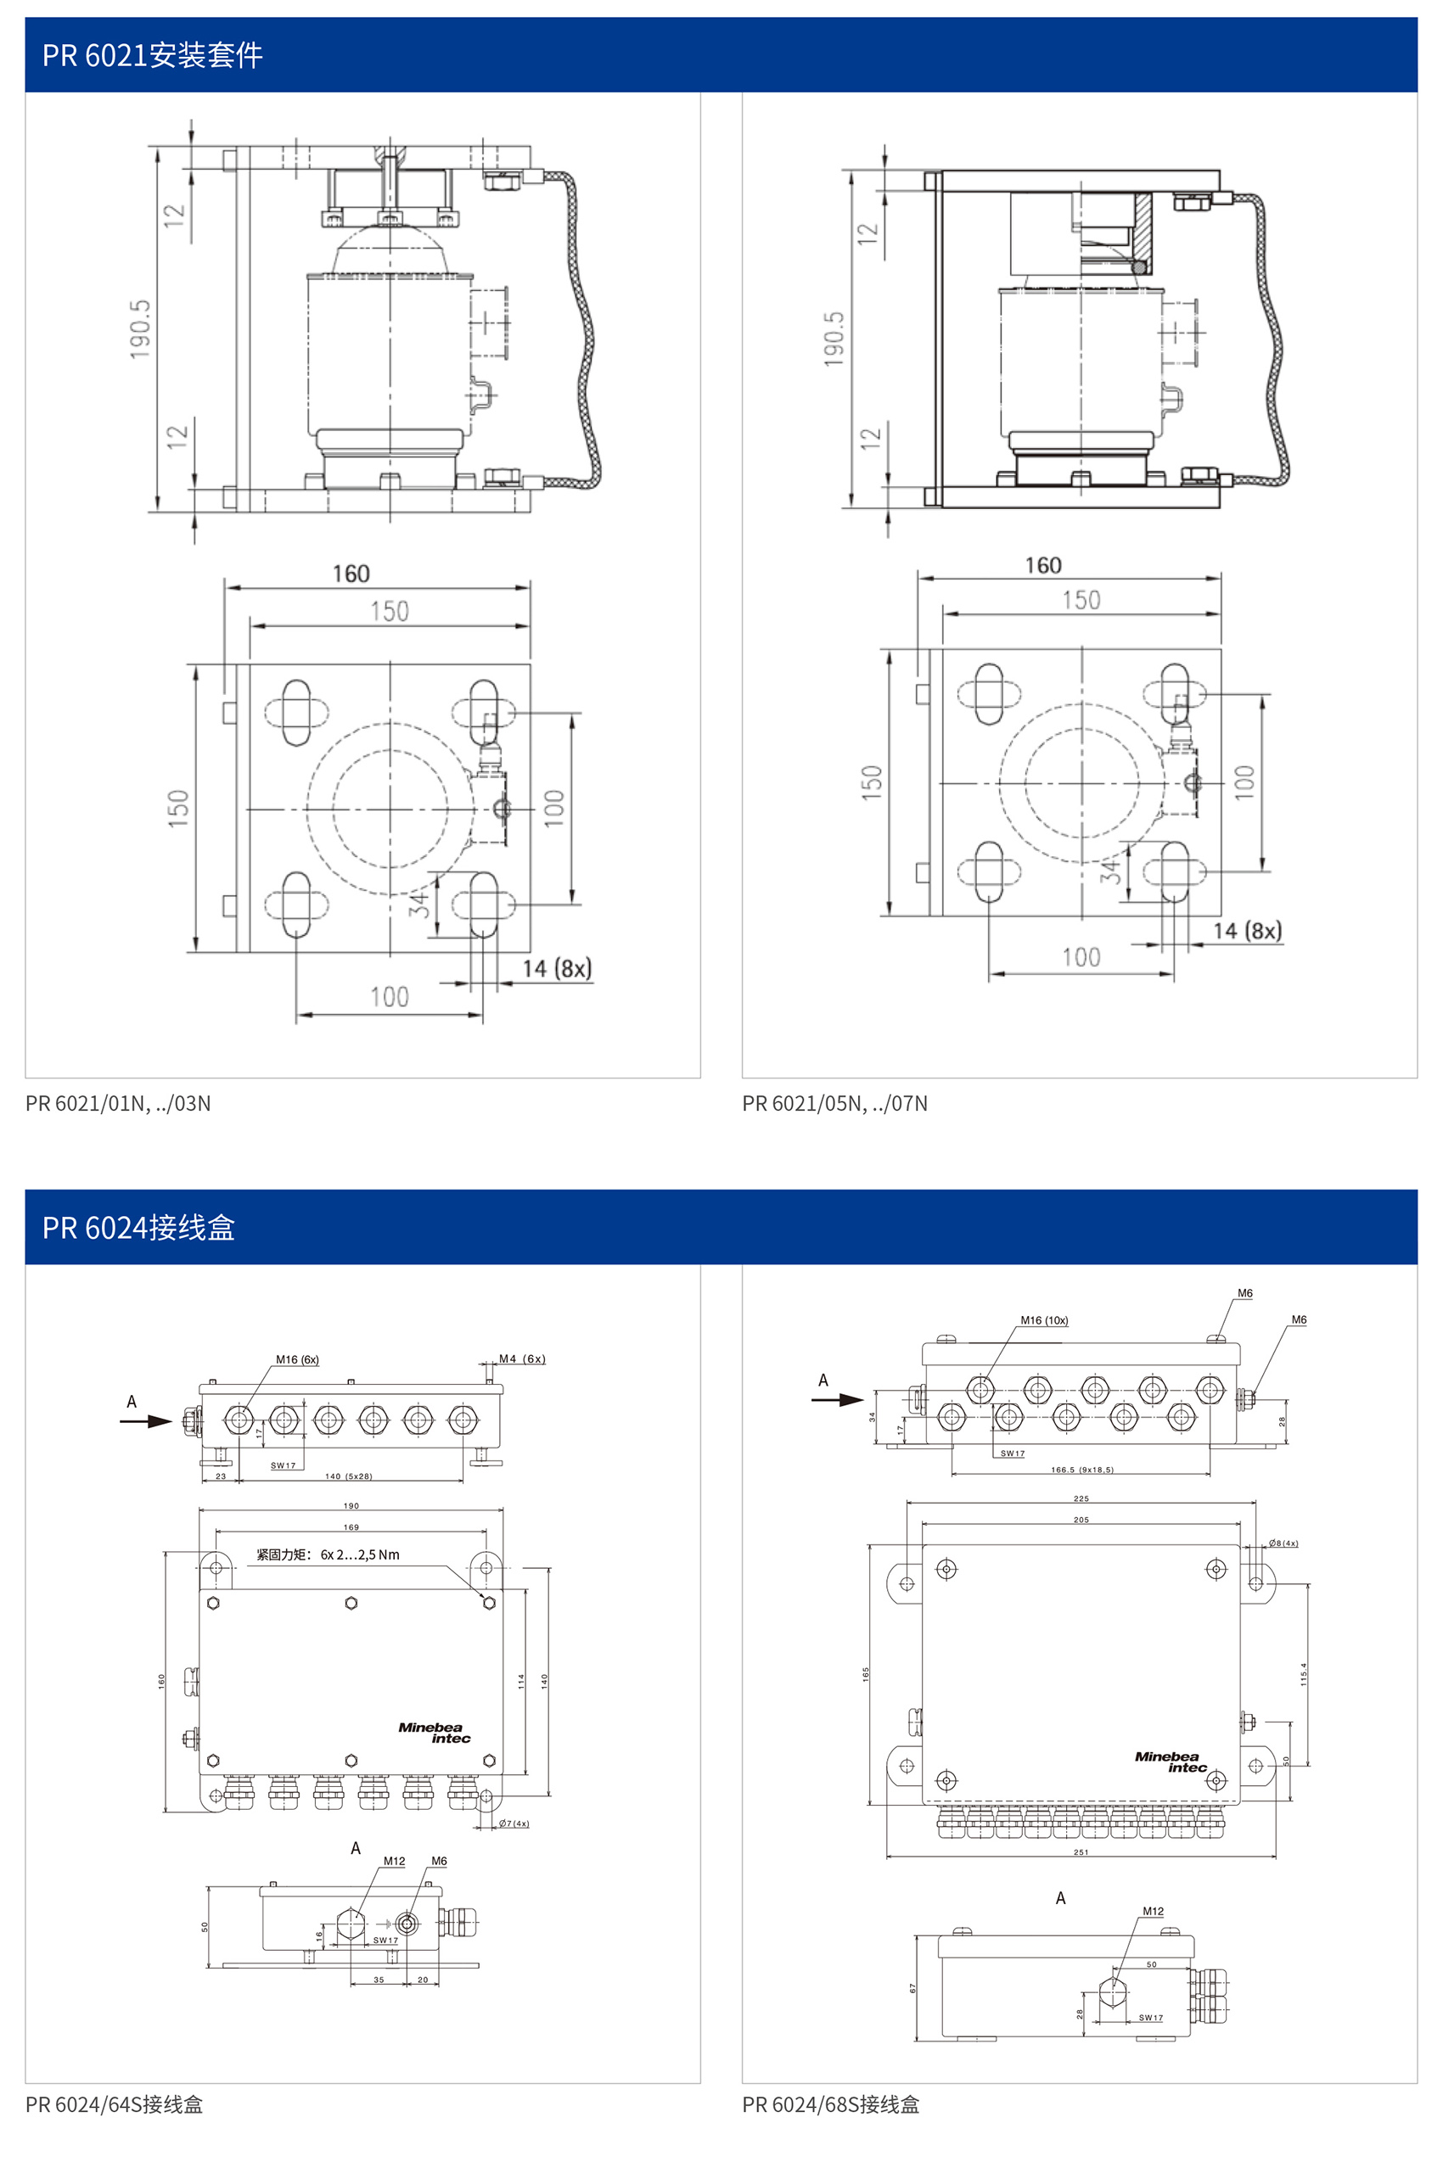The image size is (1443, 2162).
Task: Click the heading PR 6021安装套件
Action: point(153,55)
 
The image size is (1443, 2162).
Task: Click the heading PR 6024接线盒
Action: point(139,1227)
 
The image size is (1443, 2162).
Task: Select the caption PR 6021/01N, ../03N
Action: point(118,1103)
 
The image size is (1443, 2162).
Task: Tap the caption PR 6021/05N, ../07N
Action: point(834,1103)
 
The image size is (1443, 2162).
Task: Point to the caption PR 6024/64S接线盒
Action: point(114,2104)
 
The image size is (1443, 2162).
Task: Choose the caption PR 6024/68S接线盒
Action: point(831,2104)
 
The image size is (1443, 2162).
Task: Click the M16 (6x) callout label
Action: point(297,1360)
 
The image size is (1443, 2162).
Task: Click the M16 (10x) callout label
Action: point(1043,1320)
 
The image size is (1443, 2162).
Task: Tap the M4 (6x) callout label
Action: point(522,1358)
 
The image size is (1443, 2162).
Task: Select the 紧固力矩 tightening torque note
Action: point(328,1554)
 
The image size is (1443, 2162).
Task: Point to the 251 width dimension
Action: point(1081,1852)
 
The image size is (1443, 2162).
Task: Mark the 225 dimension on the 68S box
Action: point(1081,1498)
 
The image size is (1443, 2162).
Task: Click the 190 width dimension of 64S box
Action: point(351,1506)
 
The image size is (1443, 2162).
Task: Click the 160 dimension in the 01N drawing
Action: point(351,574)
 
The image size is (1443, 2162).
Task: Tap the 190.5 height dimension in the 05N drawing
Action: point(834,339)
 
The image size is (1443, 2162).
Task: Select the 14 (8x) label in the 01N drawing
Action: point(557,969)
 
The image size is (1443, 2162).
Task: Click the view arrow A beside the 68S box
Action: point(837,1399)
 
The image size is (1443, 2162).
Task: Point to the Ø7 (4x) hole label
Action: point(514,1823)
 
